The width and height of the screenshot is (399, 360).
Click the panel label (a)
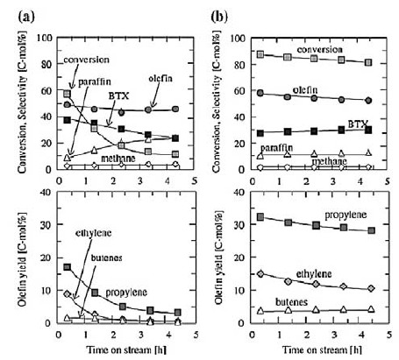click(x=26, y=17)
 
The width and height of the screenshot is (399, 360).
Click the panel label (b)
click(x=219, y=17)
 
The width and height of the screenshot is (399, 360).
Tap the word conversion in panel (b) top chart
click(x=319, y=49)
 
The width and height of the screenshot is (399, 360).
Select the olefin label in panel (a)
click(x=160, y=78)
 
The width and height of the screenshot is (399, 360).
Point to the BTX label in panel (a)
click(x=118, y=95)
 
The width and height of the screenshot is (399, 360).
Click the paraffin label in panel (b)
click(x=276, y=148)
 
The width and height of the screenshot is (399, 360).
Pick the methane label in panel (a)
click(x=118, y=159)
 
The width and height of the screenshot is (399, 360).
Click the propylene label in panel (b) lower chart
click(x=346, y=215)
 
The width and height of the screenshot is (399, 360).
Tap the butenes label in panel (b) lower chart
click(x=291, y=302)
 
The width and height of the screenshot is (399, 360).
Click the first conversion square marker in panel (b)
click(x=260, y=54)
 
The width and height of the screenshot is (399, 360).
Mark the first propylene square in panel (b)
click(x=260, y=217)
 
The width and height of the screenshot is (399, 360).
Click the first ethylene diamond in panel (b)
click(x=260, y=274)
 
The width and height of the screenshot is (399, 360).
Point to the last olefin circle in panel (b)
click(x=368, y=100)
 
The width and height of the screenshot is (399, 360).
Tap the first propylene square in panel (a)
click(x=68, y=267)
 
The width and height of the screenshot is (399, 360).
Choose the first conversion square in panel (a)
click(x=67, y=94)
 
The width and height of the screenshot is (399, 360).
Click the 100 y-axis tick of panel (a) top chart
click(x=45, y=38)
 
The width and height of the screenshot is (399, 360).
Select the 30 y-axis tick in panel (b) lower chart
click(x=241, y=225)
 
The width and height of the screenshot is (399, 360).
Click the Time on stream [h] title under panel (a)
click(x=126, y=349)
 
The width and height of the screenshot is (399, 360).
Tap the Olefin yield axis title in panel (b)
click(x=219, y=257)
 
